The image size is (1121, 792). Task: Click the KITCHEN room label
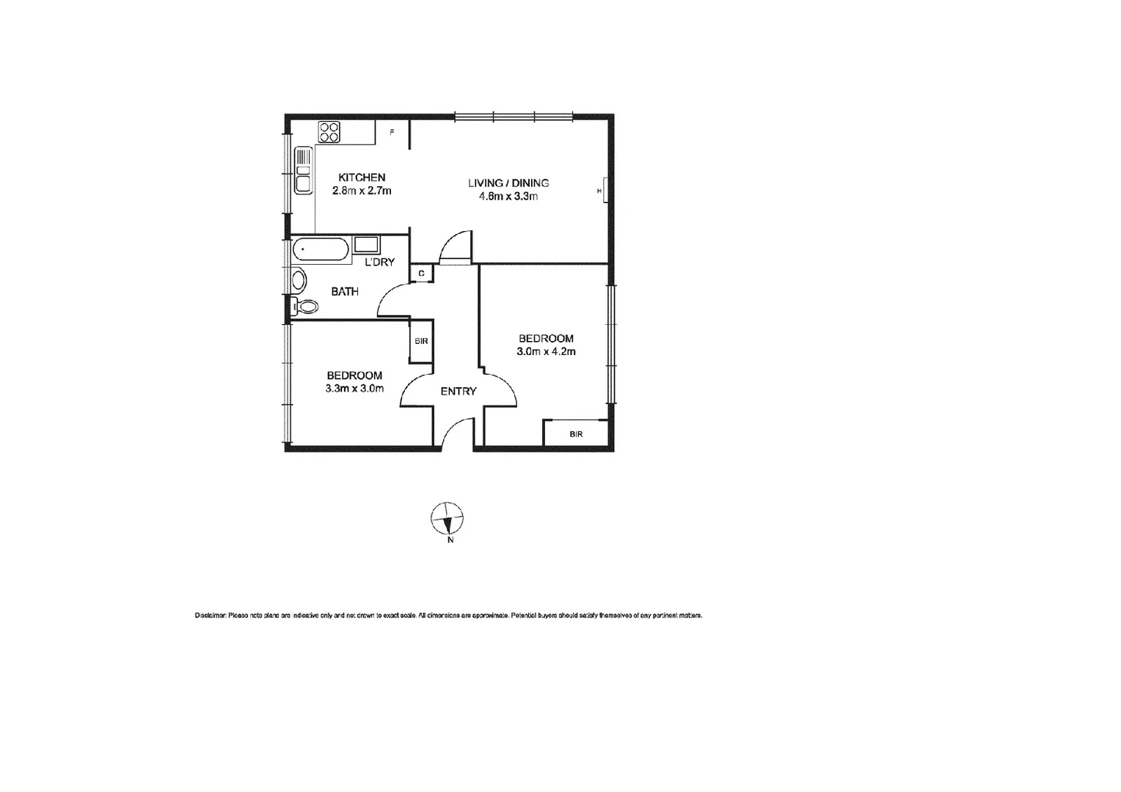(362, 177)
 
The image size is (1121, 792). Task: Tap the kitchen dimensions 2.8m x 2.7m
(362, 191)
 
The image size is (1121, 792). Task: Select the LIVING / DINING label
(508, 183)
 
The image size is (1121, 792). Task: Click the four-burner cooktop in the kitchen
(329, 132)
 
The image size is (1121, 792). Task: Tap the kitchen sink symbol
(303, 171)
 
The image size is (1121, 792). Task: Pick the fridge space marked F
(392, 133)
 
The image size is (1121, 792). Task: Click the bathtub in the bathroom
(321, 250)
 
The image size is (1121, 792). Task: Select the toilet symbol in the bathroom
(303, 307)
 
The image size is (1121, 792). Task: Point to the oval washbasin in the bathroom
(298, 279)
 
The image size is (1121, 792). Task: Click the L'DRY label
(380, 262)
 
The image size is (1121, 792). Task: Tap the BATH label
(345, 292)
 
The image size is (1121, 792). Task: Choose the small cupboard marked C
(421, 274)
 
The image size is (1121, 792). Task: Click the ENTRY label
(459, 392)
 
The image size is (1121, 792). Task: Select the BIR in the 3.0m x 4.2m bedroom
(576, 434)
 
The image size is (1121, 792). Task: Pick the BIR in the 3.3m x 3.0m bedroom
(421, 341)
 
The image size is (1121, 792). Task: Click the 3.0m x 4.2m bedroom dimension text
(546, 352)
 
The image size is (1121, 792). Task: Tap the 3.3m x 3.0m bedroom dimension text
(354, 389)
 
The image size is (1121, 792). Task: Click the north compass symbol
(447, 519)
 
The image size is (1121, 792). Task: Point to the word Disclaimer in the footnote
(210, 615)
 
